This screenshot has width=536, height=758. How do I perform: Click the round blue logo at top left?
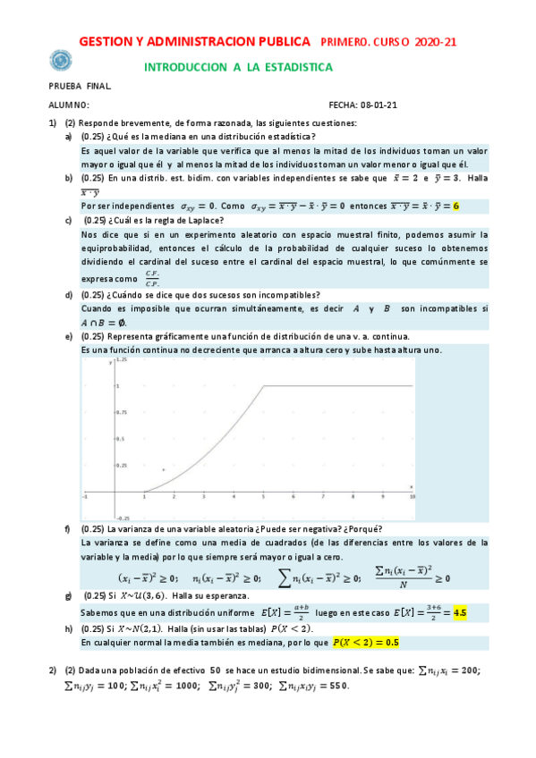pos(62,61)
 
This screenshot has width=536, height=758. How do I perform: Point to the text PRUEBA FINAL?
pos(80,87)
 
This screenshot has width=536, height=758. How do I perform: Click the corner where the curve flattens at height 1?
pos(262,385)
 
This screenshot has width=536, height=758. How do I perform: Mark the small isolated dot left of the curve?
pos(163,469)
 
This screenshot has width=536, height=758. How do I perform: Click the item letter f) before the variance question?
pos(69,530)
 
